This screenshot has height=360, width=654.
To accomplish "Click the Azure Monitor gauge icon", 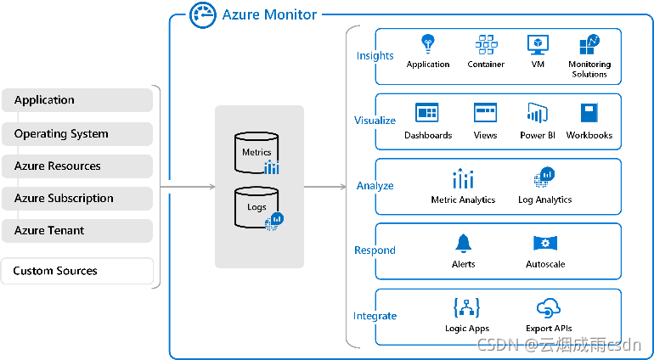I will (202, 14).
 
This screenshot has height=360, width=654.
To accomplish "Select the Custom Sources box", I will (77, 272).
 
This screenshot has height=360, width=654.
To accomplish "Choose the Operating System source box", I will (77, 134).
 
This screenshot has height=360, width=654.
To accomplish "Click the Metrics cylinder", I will (257, 151).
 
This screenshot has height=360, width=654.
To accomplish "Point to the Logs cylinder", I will (257, 206).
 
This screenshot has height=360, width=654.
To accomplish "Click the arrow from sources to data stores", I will (187, 185).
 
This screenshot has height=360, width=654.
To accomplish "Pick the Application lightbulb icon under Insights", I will (428, 43).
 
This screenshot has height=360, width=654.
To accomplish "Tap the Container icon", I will (486, 44).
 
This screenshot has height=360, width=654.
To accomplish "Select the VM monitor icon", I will (537, 44).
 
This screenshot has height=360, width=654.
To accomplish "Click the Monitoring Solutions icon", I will (589, 44).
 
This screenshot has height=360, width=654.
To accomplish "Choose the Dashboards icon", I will (426, 113).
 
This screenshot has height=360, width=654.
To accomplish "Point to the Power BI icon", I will (537, 113).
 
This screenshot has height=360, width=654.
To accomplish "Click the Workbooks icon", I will (589, 113).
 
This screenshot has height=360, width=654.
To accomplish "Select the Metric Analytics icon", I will (463, 179).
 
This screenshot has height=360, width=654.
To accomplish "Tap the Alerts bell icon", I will (463, 244).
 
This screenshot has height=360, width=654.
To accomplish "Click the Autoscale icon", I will (544, 244).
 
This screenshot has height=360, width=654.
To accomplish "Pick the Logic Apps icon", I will (466, 307).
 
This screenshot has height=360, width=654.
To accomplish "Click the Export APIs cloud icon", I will (549, 307).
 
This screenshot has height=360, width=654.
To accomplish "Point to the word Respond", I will (375, 250).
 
